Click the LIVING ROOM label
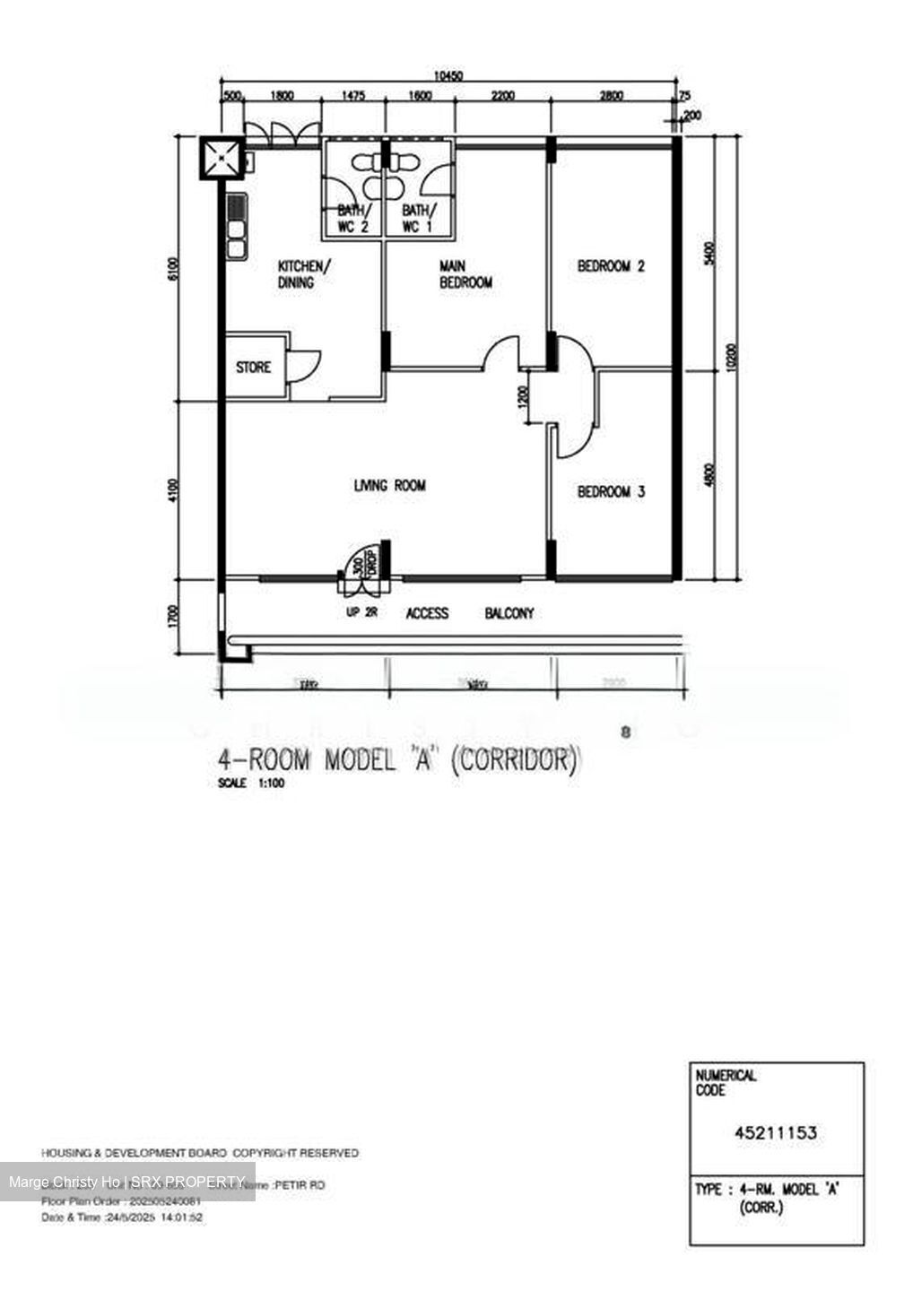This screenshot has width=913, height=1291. click(x=389, y=486)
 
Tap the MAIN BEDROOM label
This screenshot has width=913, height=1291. click(x=465, y=274)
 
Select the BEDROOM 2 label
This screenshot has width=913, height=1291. click(x=611, y=266)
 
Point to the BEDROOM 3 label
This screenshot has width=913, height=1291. click(x=611, y=492)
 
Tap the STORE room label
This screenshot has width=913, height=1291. click(x=253, y=368)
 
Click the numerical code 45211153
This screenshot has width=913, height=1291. click(x=776, y=1133)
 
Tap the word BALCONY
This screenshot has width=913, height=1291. click(x=509, y=614)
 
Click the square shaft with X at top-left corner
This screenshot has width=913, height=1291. click(x=221, y=158)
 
